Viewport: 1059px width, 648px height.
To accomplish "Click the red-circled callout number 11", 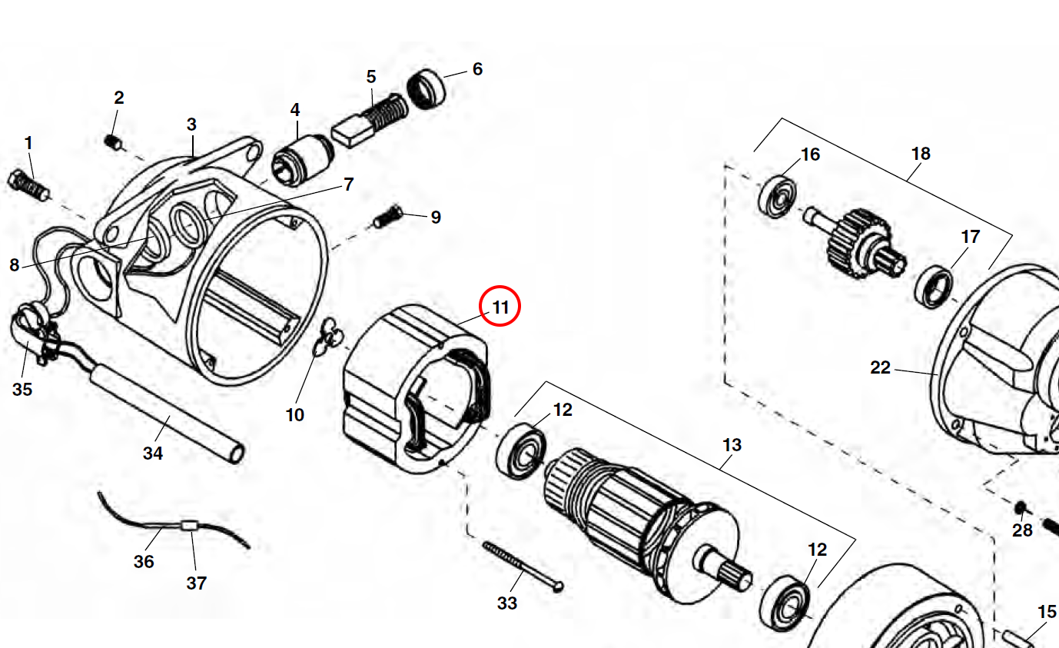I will (500, 307).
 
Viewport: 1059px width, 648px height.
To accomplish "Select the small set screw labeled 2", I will (113, 141).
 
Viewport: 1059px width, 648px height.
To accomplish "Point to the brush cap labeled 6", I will (428, 88).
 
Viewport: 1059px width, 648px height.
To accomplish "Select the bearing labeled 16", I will (778, 196).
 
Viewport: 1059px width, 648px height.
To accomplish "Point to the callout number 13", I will (732, 445).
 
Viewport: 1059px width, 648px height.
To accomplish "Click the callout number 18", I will (921, 154).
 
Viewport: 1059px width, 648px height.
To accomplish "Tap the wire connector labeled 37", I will (189, 527).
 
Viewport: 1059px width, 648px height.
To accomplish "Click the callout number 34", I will (153, 454).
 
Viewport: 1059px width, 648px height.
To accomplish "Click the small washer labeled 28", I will (1021, 508).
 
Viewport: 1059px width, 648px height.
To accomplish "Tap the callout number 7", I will (348, 184).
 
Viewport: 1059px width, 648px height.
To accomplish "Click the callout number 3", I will (191, 124).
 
